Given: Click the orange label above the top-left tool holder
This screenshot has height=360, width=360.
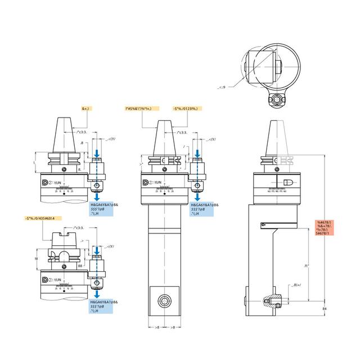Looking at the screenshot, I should coord(86,107).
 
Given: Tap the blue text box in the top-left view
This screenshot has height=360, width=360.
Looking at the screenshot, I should coord(105,209).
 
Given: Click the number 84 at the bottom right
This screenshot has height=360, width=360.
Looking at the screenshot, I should coord(325,309).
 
